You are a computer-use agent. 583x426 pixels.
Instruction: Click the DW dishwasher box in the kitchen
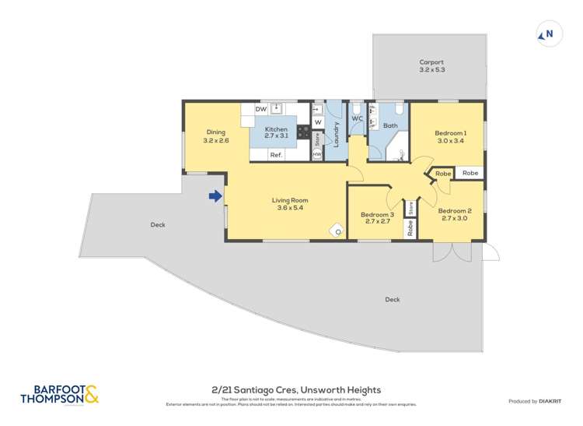tap(261, 109)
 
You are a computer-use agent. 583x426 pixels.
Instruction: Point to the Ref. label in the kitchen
tap(275, 155)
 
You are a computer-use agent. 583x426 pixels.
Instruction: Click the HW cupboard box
tap(317, 155)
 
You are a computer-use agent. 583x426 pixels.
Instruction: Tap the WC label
tap(357, 118)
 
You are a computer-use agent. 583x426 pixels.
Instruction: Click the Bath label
tap(390, 125)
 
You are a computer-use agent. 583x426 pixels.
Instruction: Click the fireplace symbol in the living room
tap(338, 230)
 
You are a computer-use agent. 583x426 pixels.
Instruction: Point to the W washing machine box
tap(318, 122)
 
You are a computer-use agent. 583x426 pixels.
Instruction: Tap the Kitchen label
tap(276, 129)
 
